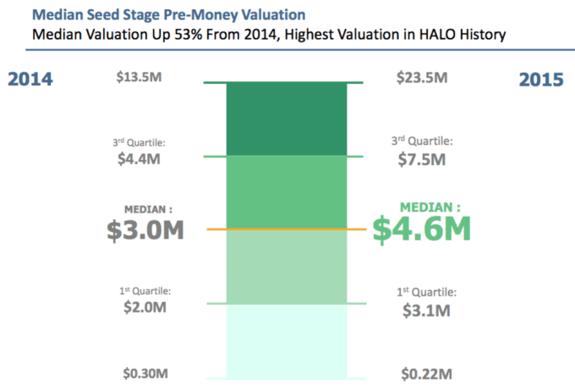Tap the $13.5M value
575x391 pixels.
(140, 77)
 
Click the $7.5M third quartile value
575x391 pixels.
(421, 159)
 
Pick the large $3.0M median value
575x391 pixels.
(145, 229)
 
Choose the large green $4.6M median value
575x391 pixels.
(422, 229)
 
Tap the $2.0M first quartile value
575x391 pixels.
(140, 307)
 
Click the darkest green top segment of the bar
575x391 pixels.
(287, 118)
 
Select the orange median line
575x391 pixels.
(287, 229)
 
